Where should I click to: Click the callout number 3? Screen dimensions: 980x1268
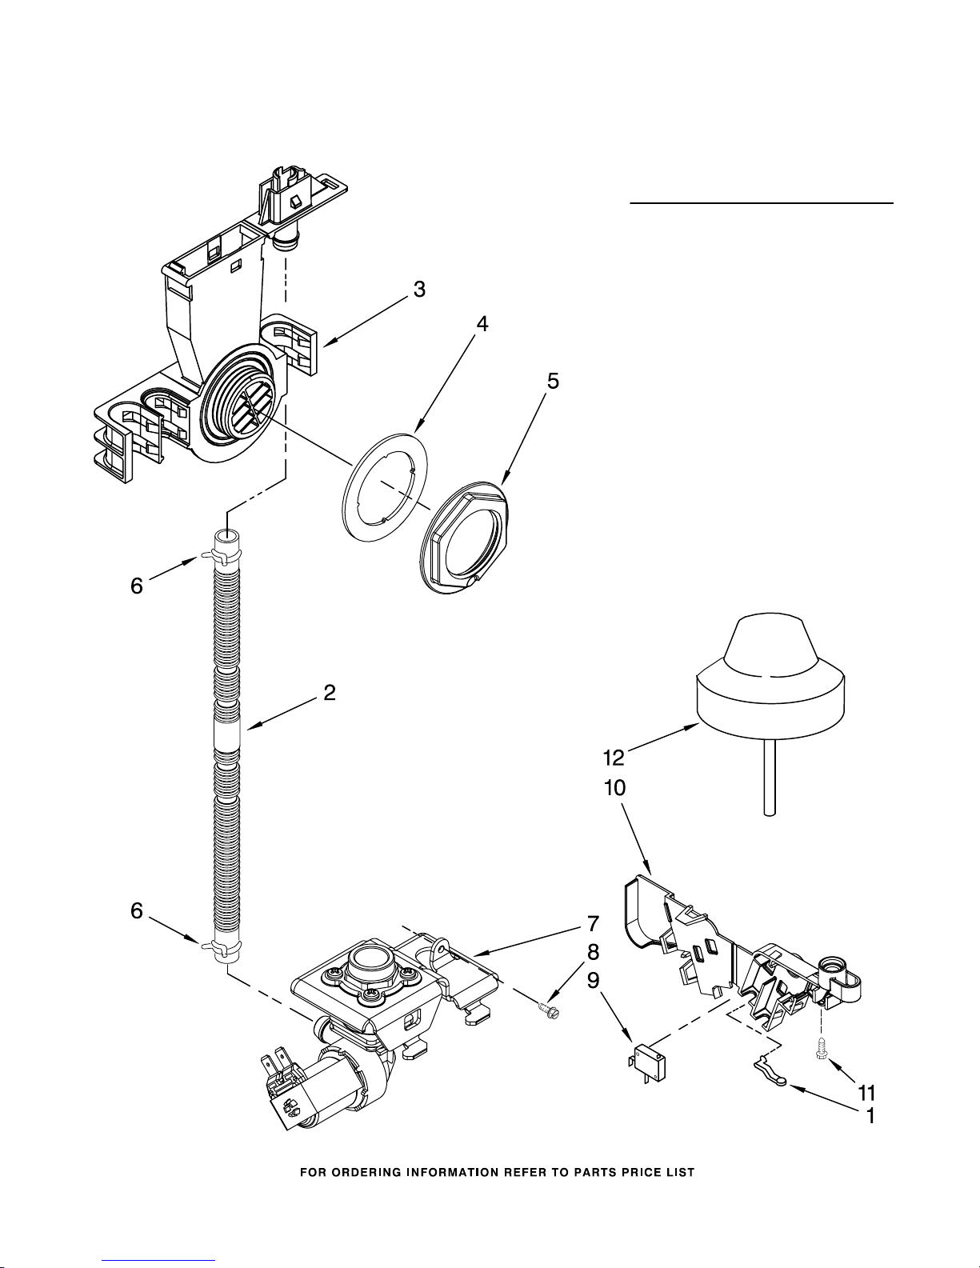419,290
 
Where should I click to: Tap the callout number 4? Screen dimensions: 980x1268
482,324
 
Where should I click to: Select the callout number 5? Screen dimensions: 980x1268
553,381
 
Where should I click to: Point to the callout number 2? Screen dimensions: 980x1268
330,693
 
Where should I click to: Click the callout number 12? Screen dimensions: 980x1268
614,758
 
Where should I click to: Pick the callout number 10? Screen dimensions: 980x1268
615,788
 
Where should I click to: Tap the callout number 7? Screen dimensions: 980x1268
593,924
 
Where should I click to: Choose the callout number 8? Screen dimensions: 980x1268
593,952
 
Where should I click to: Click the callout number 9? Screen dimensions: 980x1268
593,981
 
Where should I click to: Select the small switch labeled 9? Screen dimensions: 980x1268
648,1063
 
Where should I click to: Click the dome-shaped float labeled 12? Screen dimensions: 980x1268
770,676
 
